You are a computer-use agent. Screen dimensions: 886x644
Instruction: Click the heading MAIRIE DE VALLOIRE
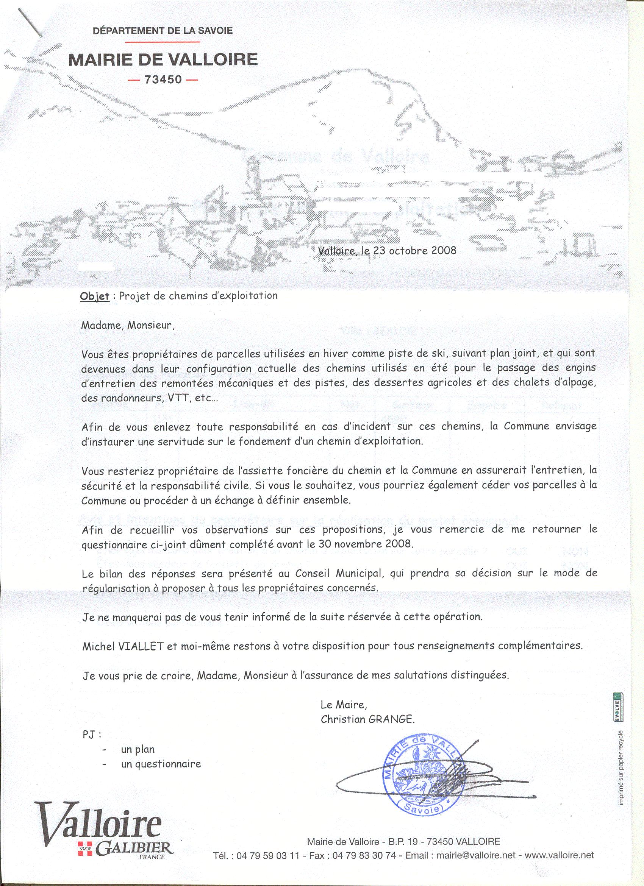tap(163, 59)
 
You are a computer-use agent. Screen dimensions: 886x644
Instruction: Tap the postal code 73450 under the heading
tap(163, 80)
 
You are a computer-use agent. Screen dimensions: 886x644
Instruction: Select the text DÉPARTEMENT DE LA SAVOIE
tap(163, 30)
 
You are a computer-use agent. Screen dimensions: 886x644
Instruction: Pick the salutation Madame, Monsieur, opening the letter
tap(127, 325)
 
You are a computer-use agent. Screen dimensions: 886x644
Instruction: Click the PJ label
tap(91, 735)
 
